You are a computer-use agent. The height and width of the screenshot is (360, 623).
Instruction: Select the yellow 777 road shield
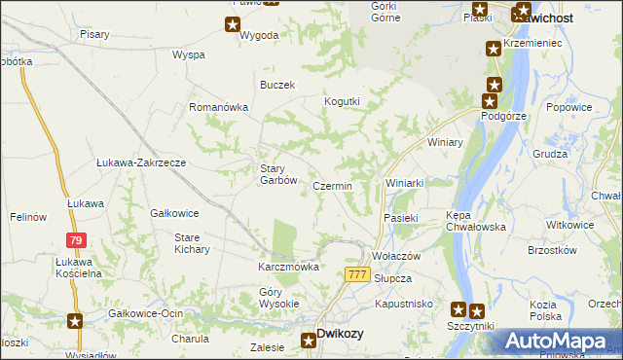[357, 275]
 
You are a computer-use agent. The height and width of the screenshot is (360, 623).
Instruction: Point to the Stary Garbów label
[277, 173]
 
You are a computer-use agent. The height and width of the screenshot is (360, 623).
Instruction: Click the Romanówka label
[219, 107]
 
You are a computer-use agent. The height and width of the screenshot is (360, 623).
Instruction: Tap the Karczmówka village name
[288, 267]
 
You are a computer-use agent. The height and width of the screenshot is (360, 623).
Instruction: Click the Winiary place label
[445, 142]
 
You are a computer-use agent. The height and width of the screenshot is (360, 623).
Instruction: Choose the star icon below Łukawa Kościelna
[75, 319]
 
